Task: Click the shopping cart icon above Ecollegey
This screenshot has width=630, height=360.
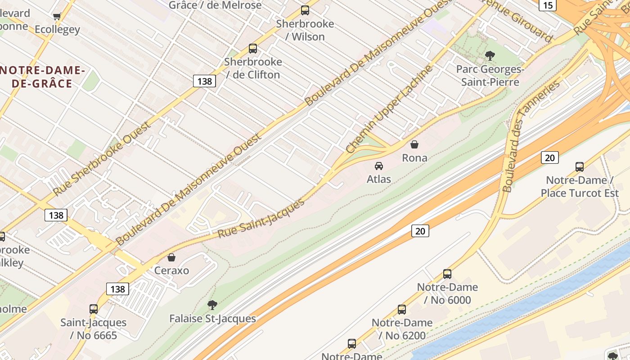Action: [x=57, y=17]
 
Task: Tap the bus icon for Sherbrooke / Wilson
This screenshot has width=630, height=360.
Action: [x=305, y=10]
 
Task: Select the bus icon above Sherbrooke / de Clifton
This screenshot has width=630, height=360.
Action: [x=253, y=49]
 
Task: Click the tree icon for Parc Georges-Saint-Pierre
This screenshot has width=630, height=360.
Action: [x=490, y=56]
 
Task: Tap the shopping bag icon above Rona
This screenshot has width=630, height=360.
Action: [x=414, y=144]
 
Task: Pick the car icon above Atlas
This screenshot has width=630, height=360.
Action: [x=379, y=166]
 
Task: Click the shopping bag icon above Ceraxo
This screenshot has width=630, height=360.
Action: [x=171, y=257]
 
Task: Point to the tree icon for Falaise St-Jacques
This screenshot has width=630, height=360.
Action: [x=212, y=306]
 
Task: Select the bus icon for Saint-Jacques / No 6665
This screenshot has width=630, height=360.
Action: [x=94, y=309]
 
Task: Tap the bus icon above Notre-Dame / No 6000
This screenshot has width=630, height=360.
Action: [x=447, y=274]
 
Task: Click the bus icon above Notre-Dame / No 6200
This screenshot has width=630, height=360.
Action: [x=402, y=310]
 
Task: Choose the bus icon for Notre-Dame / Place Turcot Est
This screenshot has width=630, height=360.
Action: [x=580, y=167]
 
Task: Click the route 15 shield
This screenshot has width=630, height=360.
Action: [x=548, y=5]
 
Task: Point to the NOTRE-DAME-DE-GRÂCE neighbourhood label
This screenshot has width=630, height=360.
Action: [x=43, y=77]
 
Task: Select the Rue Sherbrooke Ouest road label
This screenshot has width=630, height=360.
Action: [x=101, y=159]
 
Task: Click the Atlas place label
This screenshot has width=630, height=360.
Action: [x=379, y=179]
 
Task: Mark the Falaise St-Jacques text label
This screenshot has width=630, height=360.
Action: [x=212, y=319]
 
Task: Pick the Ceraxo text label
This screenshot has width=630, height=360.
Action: [x=171, y=271]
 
